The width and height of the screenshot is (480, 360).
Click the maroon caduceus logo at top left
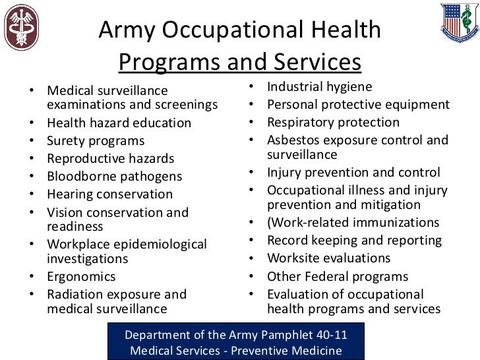(21, 28)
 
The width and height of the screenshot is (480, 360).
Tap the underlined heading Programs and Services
(240, 62)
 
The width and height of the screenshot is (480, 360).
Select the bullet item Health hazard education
(119, 123)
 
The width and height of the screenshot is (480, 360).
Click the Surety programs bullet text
(96, 140)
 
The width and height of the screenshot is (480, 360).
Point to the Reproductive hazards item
(110, 158)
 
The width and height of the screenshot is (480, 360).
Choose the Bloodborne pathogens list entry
(115, 176)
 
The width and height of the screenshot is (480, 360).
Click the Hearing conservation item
(109, 194)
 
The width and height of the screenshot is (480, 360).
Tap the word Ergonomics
(81, 276)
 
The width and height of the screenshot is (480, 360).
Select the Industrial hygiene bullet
(319, 86)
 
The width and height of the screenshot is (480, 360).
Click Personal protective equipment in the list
(358, 104)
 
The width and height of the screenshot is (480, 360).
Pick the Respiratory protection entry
(333, 122)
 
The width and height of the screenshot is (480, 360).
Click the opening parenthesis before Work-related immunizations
(270, 222)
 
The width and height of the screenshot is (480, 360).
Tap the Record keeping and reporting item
(354, 240)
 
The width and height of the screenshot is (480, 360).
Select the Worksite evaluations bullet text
(328, 258)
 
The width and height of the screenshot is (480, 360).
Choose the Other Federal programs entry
(338, 276)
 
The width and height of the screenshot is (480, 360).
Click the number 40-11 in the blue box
(328, 334)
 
